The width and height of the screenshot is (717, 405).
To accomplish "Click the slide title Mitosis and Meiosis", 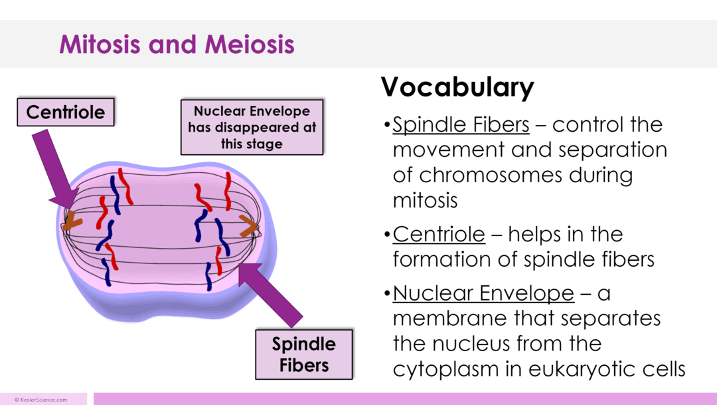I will pyautogui.click(x=177, y=45).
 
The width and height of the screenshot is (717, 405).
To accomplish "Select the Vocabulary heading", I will pyautogui.click(x=457, y=88).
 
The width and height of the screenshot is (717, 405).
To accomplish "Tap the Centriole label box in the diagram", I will pyautogui.click(x=65, y=112).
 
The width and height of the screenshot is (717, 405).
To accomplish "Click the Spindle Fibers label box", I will pyautogui.click(x=303, y=354).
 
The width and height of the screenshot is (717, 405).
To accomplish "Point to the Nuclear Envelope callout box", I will pyautogui.click(x=252, y=126).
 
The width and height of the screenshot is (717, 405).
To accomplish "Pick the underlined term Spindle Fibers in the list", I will pyautogui.click(x=461, y=125).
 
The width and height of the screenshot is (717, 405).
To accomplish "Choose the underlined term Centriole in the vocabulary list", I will pyautogui.click(x=439, y=234).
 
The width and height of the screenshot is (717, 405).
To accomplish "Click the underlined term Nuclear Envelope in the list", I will pyautogui.click(x=483, y=293).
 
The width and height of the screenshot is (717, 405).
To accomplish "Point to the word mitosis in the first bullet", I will pyautogui.click(x=425, y=200).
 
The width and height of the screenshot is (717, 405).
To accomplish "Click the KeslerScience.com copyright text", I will pyautogui.click(x=41, y=400).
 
